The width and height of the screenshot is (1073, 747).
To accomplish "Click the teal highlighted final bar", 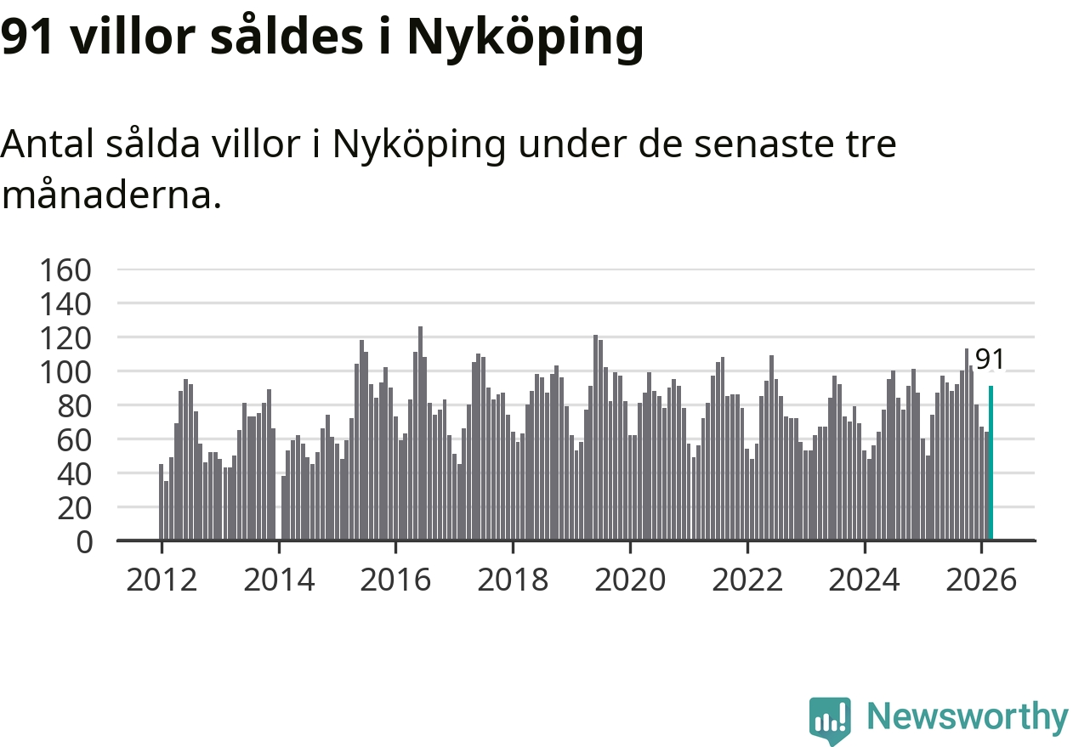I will (x=991, y=463).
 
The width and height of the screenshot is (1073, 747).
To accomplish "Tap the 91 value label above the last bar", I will (x=989, y=359).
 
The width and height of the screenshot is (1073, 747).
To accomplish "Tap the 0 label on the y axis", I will (x=84, y=541).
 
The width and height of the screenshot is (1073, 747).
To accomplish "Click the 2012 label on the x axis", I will (x=162, y=580).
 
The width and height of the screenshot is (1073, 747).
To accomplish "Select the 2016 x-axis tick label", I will (x=395, y=580).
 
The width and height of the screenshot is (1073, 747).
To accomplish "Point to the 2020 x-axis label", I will (x=630, y=580).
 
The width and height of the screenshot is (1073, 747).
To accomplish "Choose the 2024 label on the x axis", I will (x=864, y=580).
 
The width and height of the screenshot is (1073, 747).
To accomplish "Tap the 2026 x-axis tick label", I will (x=981, y=580).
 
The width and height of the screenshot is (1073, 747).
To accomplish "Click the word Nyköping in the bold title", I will (x=525, y=38).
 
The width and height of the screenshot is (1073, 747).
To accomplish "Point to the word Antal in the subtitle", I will (x=48, y=144).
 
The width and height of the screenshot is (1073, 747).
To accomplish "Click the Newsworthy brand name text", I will (x=967, y=716).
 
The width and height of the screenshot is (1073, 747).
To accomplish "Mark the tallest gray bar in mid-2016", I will (x=420, y=433).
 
